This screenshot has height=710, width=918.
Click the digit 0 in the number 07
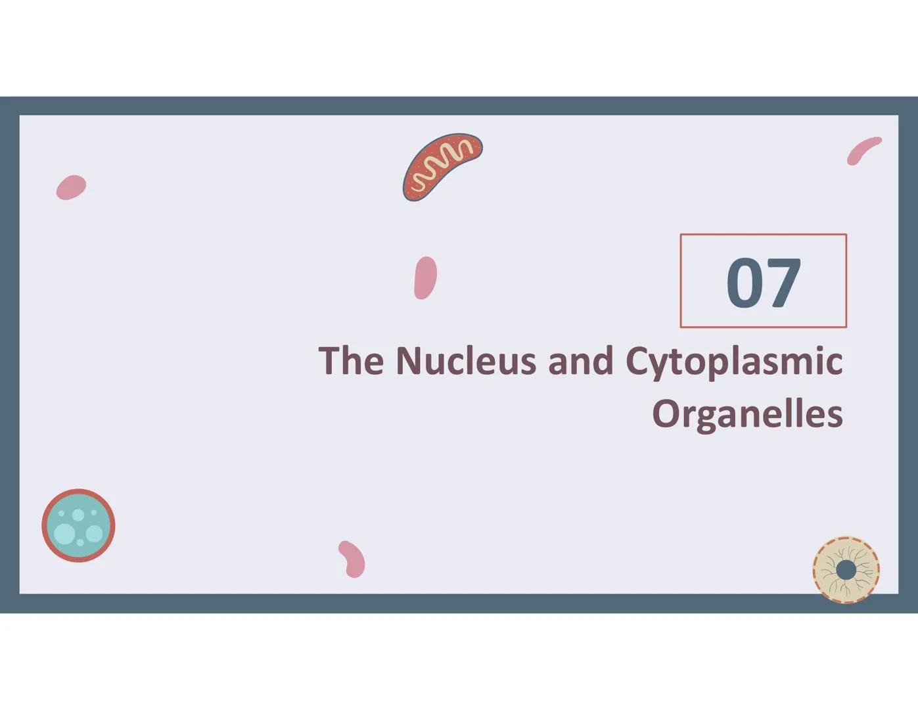[745, 283]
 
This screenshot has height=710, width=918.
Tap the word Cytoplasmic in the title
[733, 362]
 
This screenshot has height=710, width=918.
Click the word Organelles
[747, 414]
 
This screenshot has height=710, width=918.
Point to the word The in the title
[351, 361]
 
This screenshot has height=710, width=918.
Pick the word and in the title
[580, 361]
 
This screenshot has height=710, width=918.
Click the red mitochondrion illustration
[441, 166]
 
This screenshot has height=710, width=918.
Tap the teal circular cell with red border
[78, 525]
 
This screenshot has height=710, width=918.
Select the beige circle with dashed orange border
[846, 570]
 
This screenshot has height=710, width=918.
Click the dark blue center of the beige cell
[846, 570]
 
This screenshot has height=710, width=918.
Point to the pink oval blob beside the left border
[71, 187]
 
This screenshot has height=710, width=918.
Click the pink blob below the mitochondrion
[425, 277]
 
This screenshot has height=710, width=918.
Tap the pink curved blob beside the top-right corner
[863, 150]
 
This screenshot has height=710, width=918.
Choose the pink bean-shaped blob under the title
[352, 559]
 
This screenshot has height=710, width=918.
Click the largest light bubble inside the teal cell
[64, 533]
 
